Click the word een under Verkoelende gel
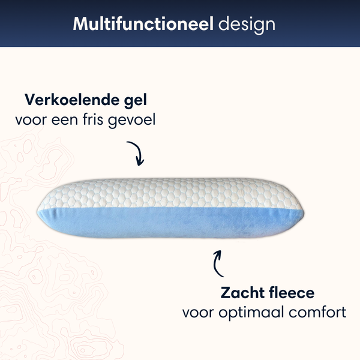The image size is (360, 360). click(x=68, y=120)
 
